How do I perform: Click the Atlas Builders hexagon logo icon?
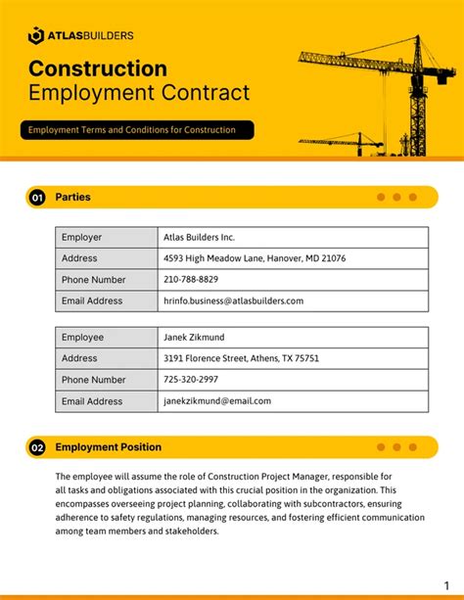(35, 35)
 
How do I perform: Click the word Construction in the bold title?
(98, 69)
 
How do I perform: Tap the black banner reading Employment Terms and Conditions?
(136, 129)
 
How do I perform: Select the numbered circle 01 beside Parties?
(37, 198)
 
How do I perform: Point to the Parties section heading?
(73, 197)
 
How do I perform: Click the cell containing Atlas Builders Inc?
(200, 237)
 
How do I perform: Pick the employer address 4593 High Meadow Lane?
(255, 258)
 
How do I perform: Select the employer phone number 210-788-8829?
(191, 280)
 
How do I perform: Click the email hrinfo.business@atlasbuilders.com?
(234, 301)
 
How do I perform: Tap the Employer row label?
(82, 237)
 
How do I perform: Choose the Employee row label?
(83, 338)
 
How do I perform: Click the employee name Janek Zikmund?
(194, 338)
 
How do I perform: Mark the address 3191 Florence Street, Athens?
(241, 358)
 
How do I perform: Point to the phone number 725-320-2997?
(191, 380)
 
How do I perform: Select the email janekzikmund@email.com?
(217, 401)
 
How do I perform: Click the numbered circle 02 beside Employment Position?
(37, 448)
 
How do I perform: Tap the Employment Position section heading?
(109, 447)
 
